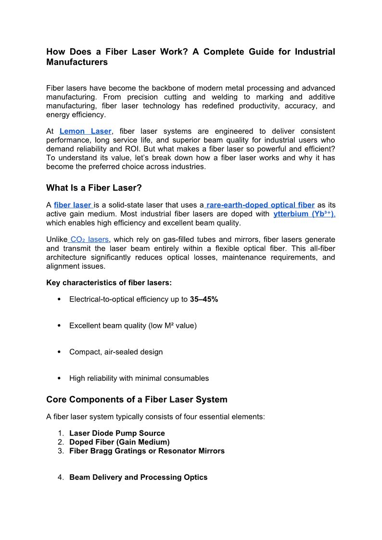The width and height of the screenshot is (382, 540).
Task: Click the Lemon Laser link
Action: [86, 131]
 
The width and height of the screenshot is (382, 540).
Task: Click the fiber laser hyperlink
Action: [72, 205]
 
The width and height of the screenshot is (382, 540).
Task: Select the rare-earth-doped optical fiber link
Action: [260, 205]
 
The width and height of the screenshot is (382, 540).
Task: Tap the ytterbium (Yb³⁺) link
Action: [304, 214]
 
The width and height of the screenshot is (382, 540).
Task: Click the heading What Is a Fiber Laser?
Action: [94, 188]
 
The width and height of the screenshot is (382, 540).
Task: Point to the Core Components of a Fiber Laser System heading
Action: [137, 400]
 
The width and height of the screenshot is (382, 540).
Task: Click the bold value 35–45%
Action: [204, 300]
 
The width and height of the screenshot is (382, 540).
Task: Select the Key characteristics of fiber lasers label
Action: [109, 283]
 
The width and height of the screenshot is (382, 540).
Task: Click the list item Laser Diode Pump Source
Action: [117, 433]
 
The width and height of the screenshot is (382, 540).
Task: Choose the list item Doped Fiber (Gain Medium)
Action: [119, 442]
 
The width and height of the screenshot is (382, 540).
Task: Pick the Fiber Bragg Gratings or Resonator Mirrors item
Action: [147, 451]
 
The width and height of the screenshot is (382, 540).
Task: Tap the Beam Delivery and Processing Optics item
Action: [138, 477]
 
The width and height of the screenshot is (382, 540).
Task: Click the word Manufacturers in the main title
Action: [77, 63]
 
